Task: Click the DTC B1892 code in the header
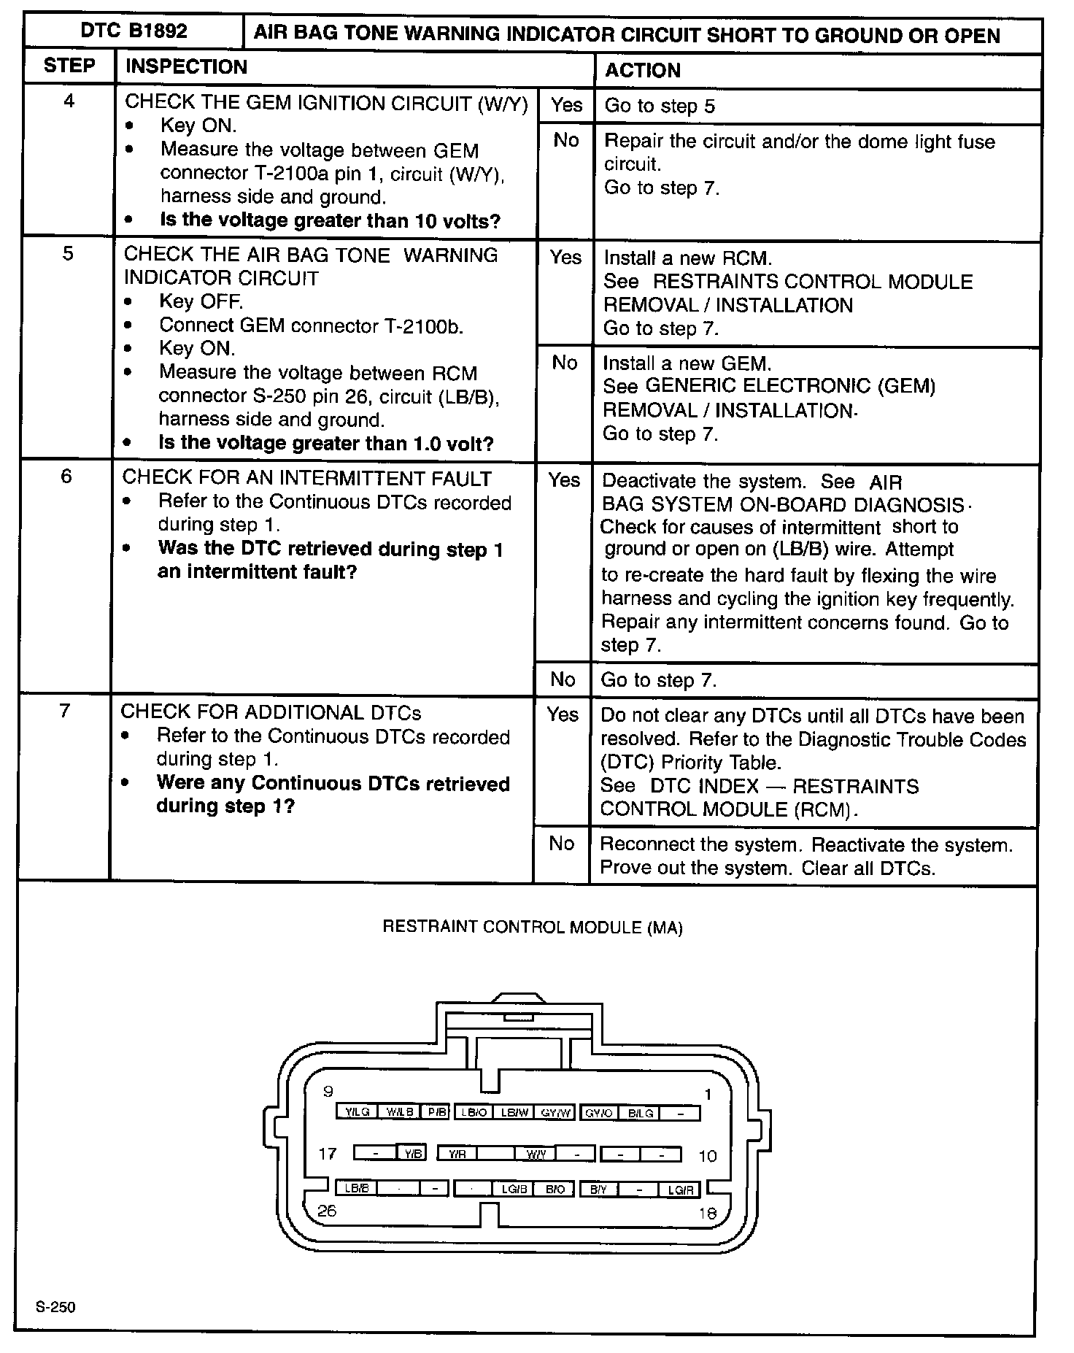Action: pyautogui.click(x=134, y=31)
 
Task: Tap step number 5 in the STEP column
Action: pyautogui.click(x=68, y=254)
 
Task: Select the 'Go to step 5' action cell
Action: pyautogui.click(x=660, y=107)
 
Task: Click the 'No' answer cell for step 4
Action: pyautogui.click(x=566, y=140)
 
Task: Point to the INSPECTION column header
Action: pyautogui.click(x=186, y=67)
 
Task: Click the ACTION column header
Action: pyautogui.click(x=643, y=71)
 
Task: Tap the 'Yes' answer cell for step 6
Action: pyautogui.click(x=564, y=480)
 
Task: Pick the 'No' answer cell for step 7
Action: pyautogui.click(x=562, y=844)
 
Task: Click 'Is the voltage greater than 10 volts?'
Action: pyautogui.click(x=330, y=220)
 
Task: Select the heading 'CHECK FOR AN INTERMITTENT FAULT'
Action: pyautogui.click(x=306, y=479)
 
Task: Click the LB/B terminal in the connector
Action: pyautogui.click(x=357, y=1189)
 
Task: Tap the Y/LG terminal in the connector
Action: pyautogui.click(x=357, y=1112)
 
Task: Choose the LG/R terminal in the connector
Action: pyautogui.click(x=680, y=1190)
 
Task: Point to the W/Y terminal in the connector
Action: pyautogui.click(x=536, y=1155)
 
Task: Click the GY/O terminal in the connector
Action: pyautogui.click(x=599, y=1113)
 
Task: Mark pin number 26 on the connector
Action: pyautogui.click(x=327, y=1211)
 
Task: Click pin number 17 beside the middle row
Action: pyautogui.click(x=328, y=1154)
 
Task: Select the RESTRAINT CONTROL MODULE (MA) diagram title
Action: pyautogui.click(x=533, y=928)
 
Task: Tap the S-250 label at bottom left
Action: pyautogui.click(x=55, y=1307)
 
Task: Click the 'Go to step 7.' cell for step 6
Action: pyautogui.click(x=659, y=681)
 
